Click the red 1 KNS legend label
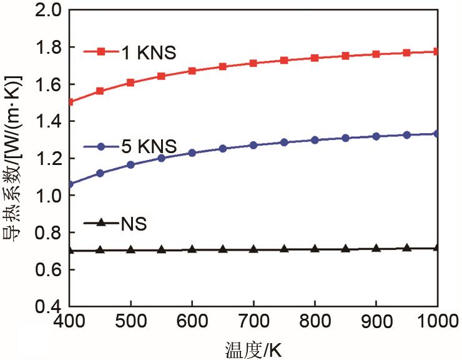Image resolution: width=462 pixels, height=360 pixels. (x=149, y=52)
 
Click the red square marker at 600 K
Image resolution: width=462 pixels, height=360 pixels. (x=192, y=71)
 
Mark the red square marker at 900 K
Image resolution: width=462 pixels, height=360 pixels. (x=376, y=54)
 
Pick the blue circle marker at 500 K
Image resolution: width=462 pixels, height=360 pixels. (x=130, y=165)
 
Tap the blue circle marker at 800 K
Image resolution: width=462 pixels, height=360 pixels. (x=315, y=140)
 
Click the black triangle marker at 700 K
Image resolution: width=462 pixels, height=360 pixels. (x=253, y=249)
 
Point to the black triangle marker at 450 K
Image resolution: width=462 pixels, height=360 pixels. (x=100, y=250)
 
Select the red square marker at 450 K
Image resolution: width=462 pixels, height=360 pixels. (x=100, y=91)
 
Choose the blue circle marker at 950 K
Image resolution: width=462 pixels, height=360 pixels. (x=406, y=135)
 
